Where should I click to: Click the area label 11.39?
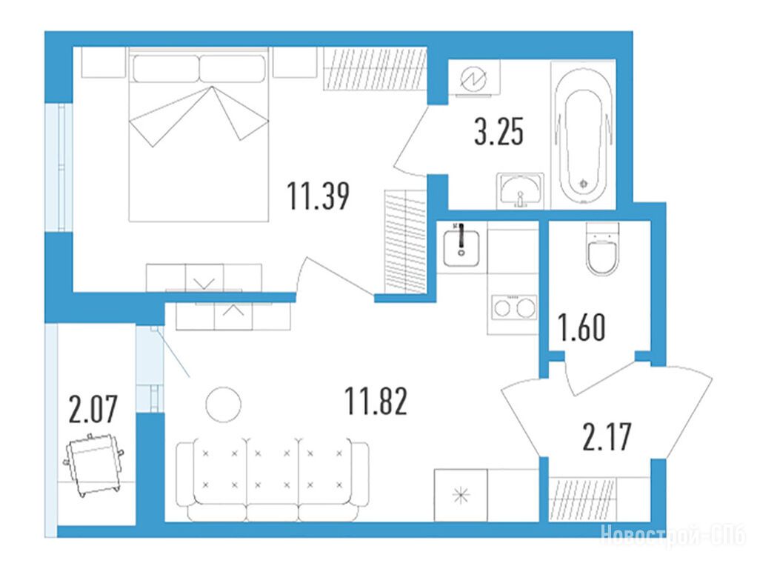319,196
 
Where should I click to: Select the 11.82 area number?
376,400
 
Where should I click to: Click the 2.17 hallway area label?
607,436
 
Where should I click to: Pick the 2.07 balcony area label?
93,409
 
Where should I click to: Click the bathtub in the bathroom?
583,135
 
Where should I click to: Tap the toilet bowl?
602,249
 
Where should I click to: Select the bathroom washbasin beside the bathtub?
521,190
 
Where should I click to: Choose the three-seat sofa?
273,479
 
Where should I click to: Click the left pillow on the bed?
166,69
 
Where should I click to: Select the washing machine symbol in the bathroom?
474,79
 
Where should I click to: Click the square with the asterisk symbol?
461,495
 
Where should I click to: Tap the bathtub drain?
584,183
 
